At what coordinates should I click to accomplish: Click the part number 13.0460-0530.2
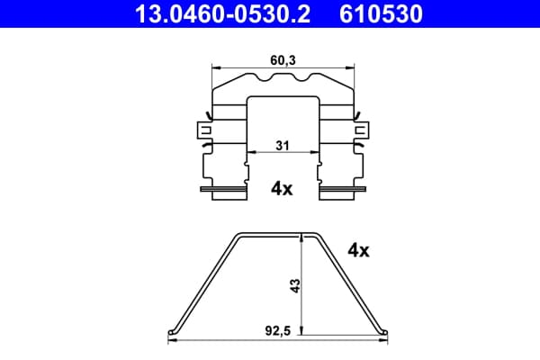click(222, 13)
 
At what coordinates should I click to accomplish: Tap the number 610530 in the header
click(381, 13)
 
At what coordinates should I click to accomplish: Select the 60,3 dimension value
click(283, 60)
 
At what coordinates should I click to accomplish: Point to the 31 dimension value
click(283, 146)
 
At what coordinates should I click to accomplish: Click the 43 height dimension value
click(295, 285)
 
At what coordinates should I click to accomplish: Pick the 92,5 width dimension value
click(277, 331)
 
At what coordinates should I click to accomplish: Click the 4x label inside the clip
click(282, 188)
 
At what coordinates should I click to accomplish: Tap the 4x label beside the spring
click(358, 250)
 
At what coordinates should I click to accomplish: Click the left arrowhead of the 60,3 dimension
click(216, 67)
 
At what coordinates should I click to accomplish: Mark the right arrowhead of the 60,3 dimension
click(350, 67)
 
